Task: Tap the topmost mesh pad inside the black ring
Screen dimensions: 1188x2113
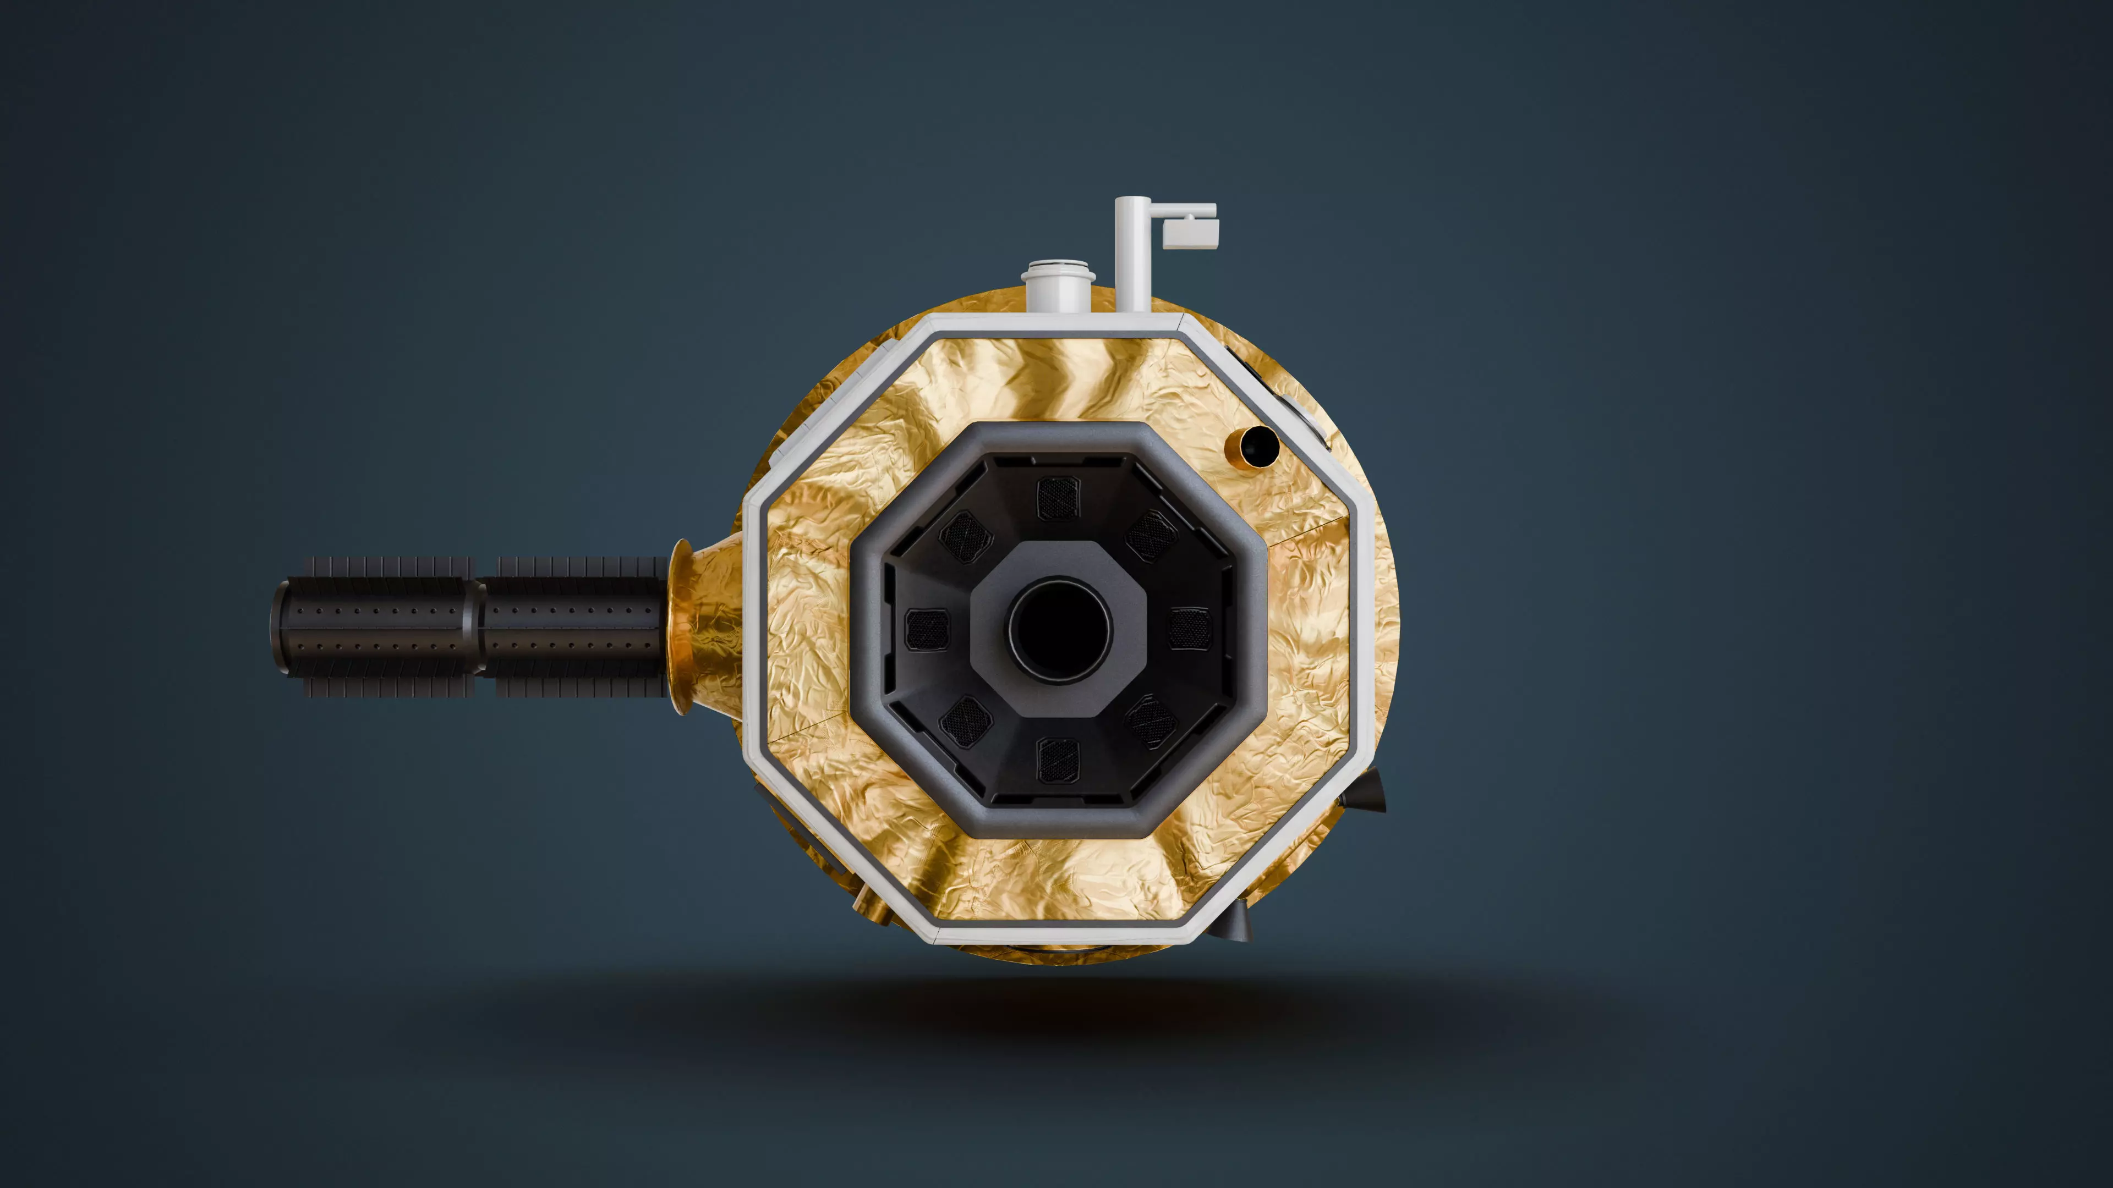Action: point(1058,498)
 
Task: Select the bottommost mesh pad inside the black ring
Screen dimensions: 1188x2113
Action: point(1058,760)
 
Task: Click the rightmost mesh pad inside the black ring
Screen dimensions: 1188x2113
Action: point(1189,629)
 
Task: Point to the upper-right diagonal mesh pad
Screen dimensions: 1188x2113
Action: point(1152,535)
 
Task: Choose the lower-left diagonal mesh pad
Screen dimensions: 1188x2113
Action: point(966,722)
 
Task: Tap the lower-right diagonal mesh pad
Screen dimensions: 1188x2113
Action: point(1152,722)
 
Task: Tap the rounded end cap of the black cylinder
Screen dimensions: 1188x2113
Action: point(281,627)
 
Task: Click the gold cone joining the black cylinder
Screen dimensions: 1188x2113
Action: point(707,627)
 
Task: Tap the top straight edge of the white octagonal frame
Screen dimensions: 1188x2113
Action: point(1058,326)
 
